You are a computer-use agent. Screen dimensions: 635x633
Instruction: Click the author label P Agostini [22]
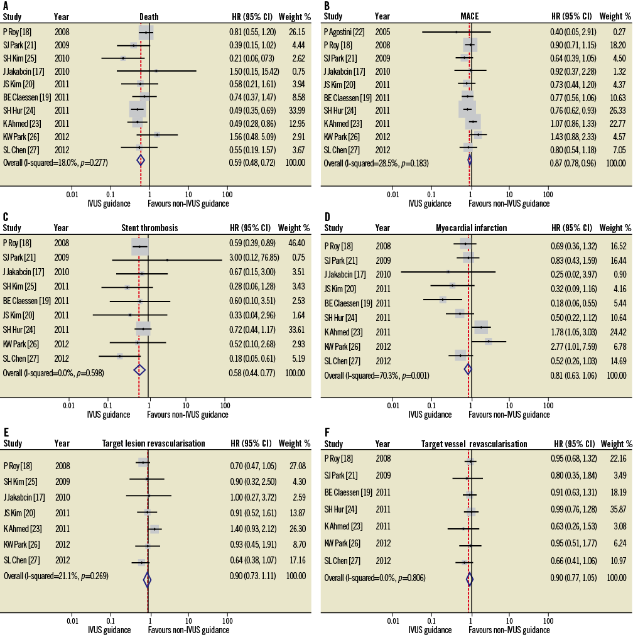coord(344,32)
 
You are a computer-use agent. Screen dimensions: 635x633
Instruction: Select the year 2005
coord(382,32)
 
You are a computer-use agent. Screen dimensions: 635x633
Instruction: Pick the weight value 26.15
coord(296,32)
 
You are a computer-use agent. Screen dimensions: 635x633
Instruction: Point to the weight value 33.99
coord(296,110)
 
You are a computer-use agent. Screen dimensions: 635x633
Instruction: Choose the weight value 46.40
coord(296,243)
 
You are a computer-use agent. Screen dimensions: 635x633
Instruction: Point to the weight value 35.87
coord(617,509)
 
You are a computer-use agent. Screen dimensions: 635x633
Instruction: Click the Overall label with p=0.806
coord(374,577)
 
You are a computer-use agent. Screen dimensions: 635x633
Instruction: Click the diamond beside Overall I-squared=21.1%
coord(148,579)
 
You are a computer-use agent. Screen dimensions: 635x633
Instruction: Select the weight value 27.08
coord(296,466)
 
